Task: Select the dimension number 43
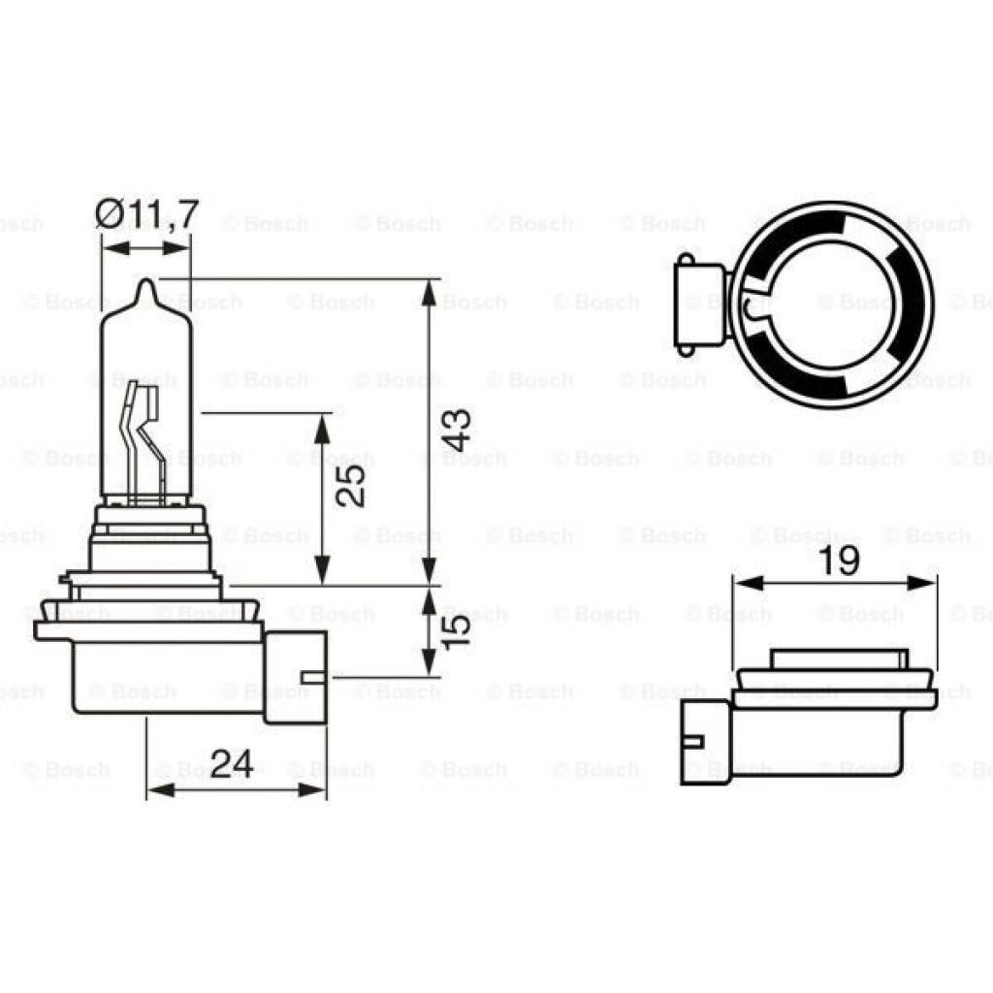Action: [457, 428]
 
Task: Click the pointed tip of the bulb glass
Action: [146, 282]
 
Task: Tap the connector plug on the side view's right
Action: [296, 676]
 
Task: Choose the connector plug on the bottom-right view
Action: [703, 741]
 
